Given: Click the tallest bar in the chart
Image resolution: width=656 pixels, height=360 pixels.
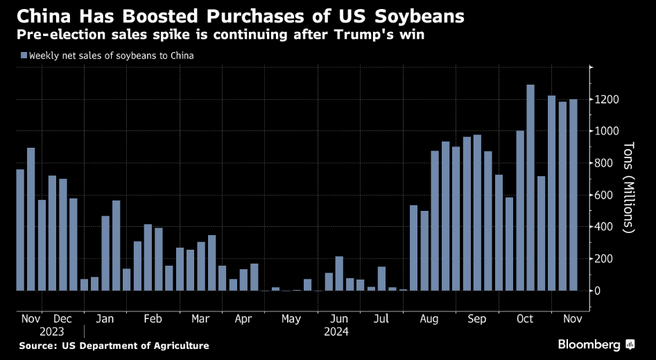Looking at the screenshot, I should coord(530,187).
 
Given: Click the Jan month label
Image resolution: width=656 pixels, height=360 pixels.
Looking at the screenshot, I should coord(105,319).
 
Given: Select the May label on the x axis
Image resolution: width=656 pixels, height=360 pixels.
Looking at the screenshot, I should coord(291,319).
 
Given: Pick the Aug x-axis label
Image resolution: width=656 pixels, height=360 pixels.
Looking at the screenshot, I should coord(429,319).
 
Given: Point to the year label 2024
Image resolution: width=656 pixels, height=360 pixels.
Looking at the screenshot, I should coord(336,332).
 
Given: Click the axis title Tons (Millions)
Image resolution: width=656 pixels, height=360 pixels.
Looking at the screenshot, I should coord(628,187).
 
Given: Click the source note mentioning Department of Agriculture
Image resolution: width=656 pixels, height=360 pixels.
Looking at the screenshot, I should coord(114,345).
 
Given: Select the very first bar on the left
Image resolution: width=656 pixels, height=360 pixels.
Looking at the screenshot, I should coord(20,230).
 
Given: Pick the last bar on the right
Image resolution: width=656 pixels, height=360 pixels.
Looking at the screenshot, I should coord(573,195).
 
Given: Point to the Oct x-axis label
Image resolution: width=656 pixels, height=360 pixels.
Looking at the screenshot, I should coord(525,319).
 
